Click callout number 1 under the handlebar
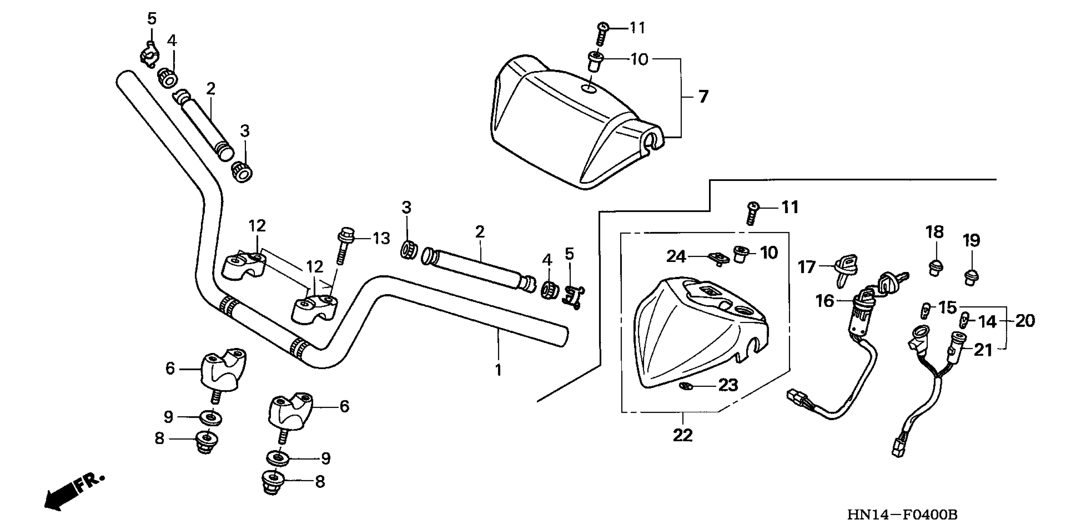[498, 370]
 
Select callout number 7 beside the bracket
[703, 97]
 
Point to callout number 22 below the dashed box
[682, 436]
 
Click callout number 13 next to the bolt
[381, 238]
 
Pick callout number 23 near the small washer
[728, 386]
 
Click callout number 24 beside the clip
[676, 257]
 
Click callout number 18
[934, 232]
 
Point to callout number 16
[824, 301]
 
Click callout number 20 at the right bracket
[1025, 321]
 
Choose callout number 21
[983, 350]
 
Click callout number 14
[987, 322]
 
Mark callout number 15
[947, 308]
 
